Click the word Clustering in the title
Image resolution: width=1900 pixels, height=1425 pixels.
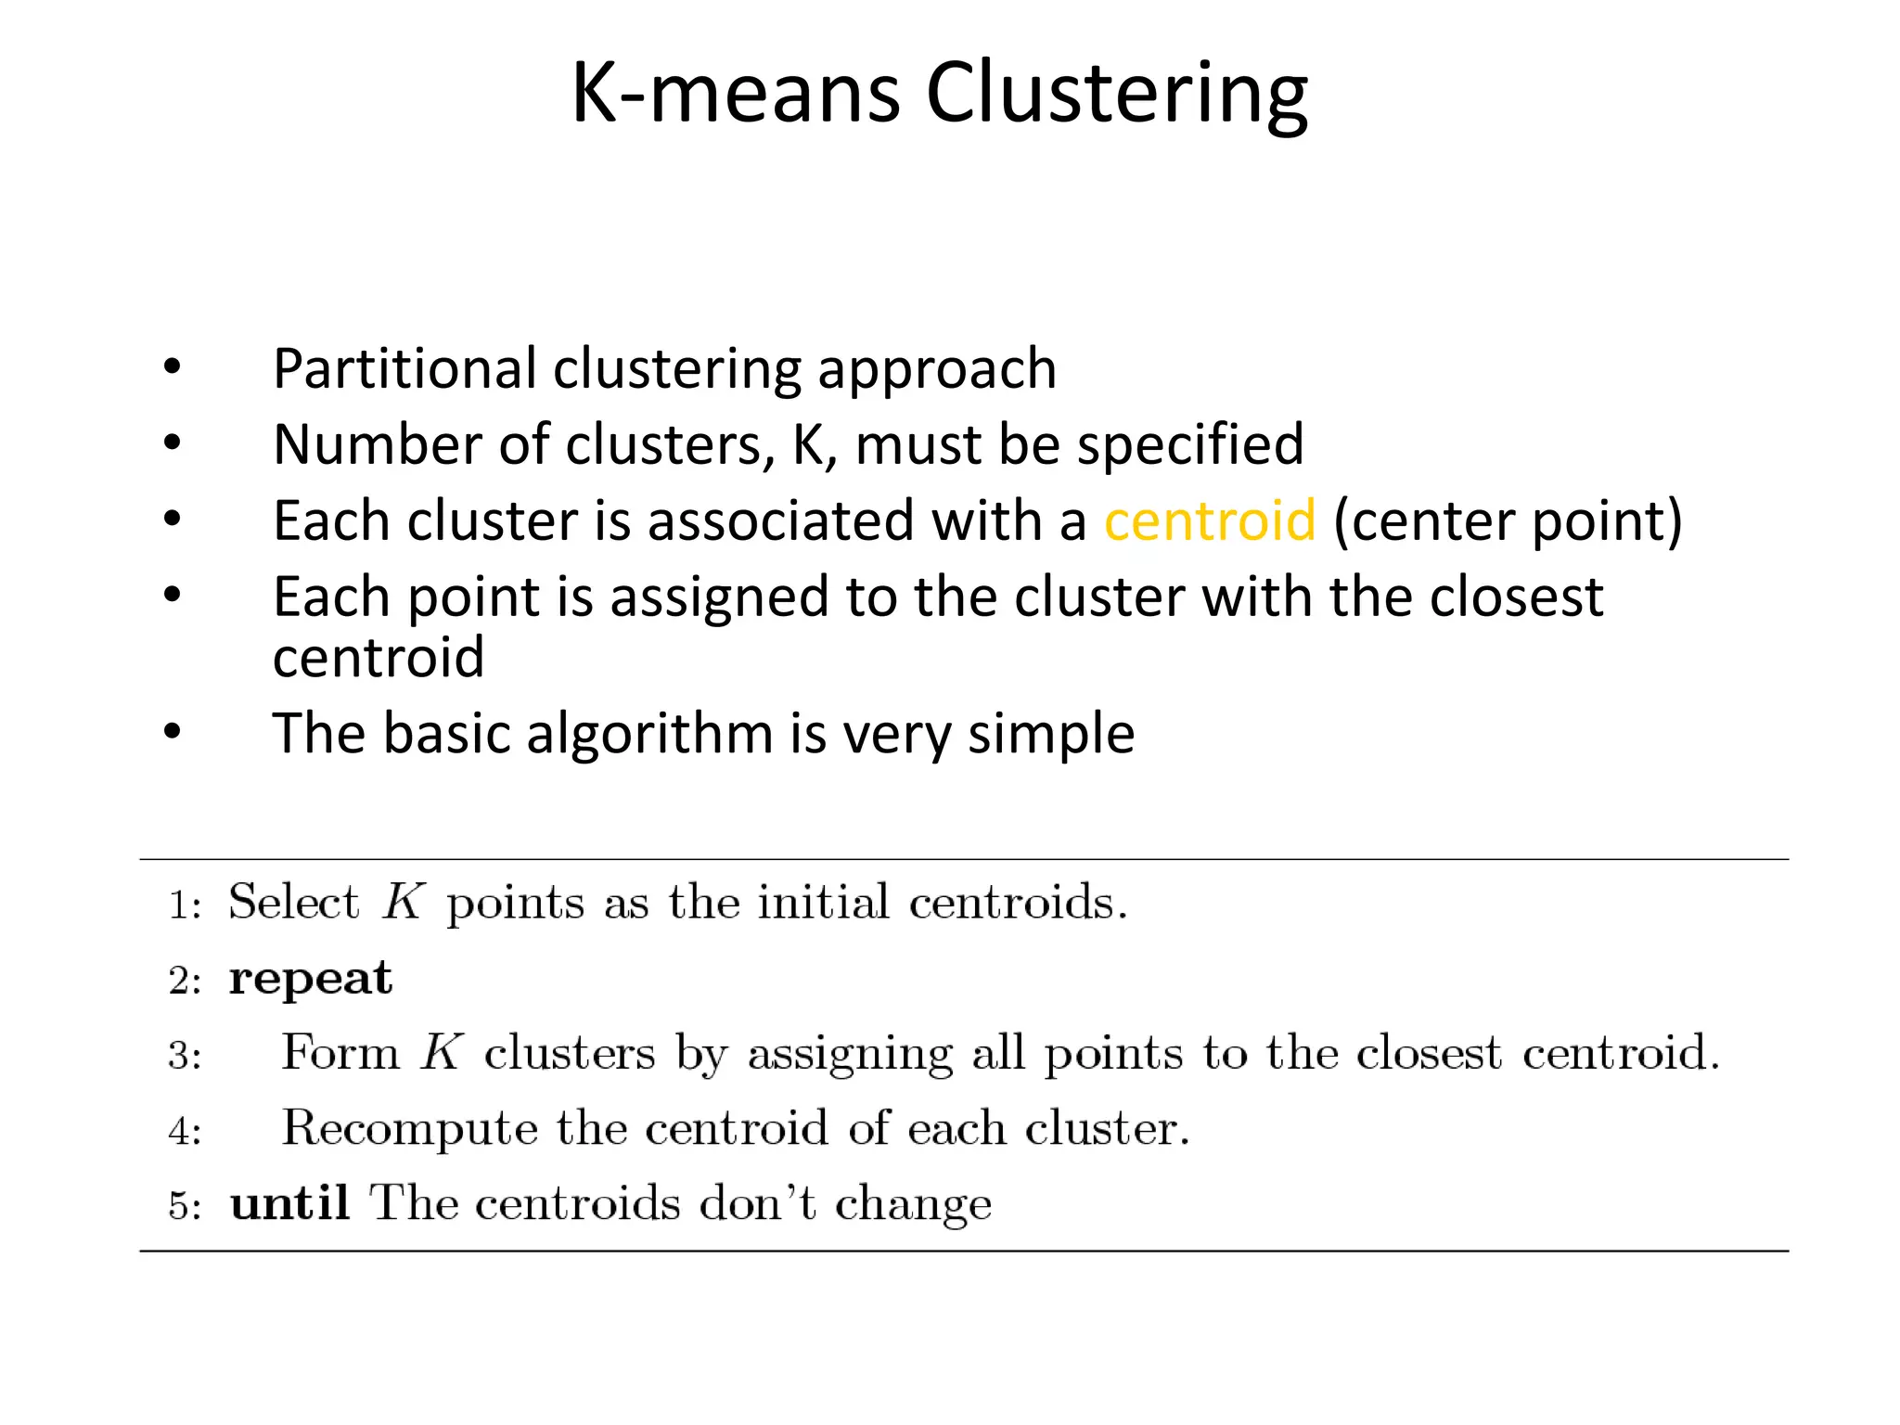pos(1117,94)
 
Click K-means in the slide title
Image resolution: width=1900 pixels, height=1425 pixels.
pos(735,94)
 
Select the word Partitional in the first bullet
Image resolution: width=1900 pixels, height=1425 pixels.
pos(404,368)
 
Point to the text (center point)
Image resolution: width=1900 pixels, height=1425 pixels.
pos(1508,520)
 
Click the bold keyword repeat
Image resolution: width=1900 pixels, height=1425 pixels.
pos(311,979)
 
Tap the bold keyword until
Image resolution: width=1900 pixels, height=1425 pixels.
pos(289,1204)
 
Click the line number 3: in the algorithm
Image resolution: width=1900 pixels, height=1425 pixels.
pos(185,1056)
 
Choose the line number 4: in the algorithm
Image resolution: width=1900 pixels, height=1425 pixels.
pos(185,1131)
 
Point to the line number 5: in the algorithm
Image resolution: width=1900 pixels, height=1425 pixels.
pos(185,1206)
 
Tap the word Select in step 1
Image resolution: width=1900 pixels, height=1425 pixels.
pos(293,902)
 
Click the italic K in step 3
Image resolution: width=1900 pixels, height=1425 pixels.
pos(442,1053)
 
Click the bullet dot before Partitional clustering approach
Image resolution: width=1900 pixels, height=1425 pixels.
pos(173,367)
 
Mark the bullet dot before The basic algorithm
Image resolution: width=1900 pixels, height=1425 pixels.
pos(173,732)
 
